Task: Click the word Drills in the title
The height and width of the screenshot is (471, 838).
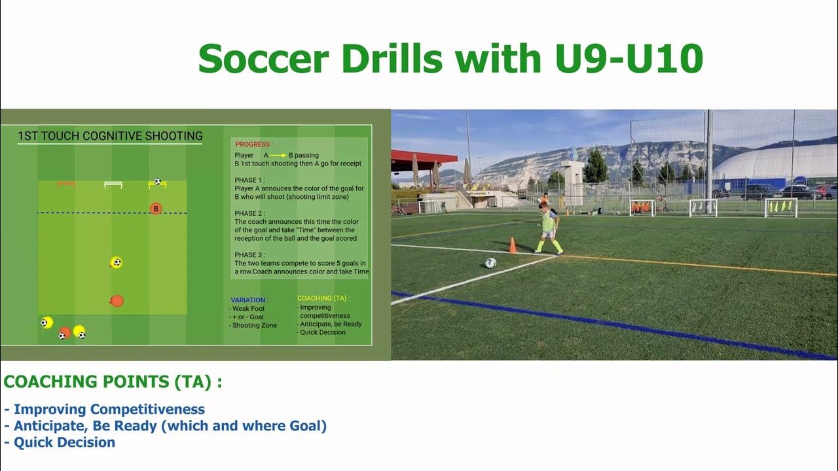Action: (384, 59)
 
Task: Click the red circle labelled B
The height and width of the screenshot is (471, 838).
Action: (156, 209)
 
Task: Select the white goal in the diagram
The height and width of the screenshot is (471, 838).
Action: (113, 185)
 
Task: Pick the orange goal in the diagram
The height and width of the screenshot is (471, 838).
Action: (65, 184)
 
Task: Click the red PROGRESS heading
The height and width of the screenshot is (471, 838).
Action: (254, 144)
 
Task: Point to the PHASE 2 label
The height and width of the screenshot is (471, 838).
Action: (249, 213)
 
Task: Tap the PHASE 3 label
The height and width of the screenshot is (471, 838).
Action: (249, 255)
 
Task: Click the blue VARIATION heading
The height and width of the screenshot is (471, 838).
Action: (249, 300)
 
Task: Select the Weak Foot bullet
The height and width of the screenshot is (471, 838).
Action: (248, 309)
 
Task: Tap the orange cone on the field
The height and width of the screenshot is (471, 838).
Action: (513, 245)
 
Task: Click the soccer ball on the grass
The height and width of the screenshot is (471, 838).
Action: (490, 263)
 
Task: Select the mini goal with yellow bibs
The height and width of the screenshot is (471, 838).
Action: (781, 207)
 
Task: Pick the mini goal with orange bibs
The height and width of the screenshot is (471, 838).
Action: (642, 207)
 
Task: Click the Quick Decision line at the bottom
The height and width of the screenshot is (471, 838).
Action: (64, 442)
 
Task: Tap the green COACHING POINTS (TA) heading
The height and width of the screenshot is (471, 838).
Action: (113, 382)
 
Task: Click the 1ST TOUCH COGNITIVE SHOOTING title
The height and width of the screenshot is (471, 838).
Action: (110, 136)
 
